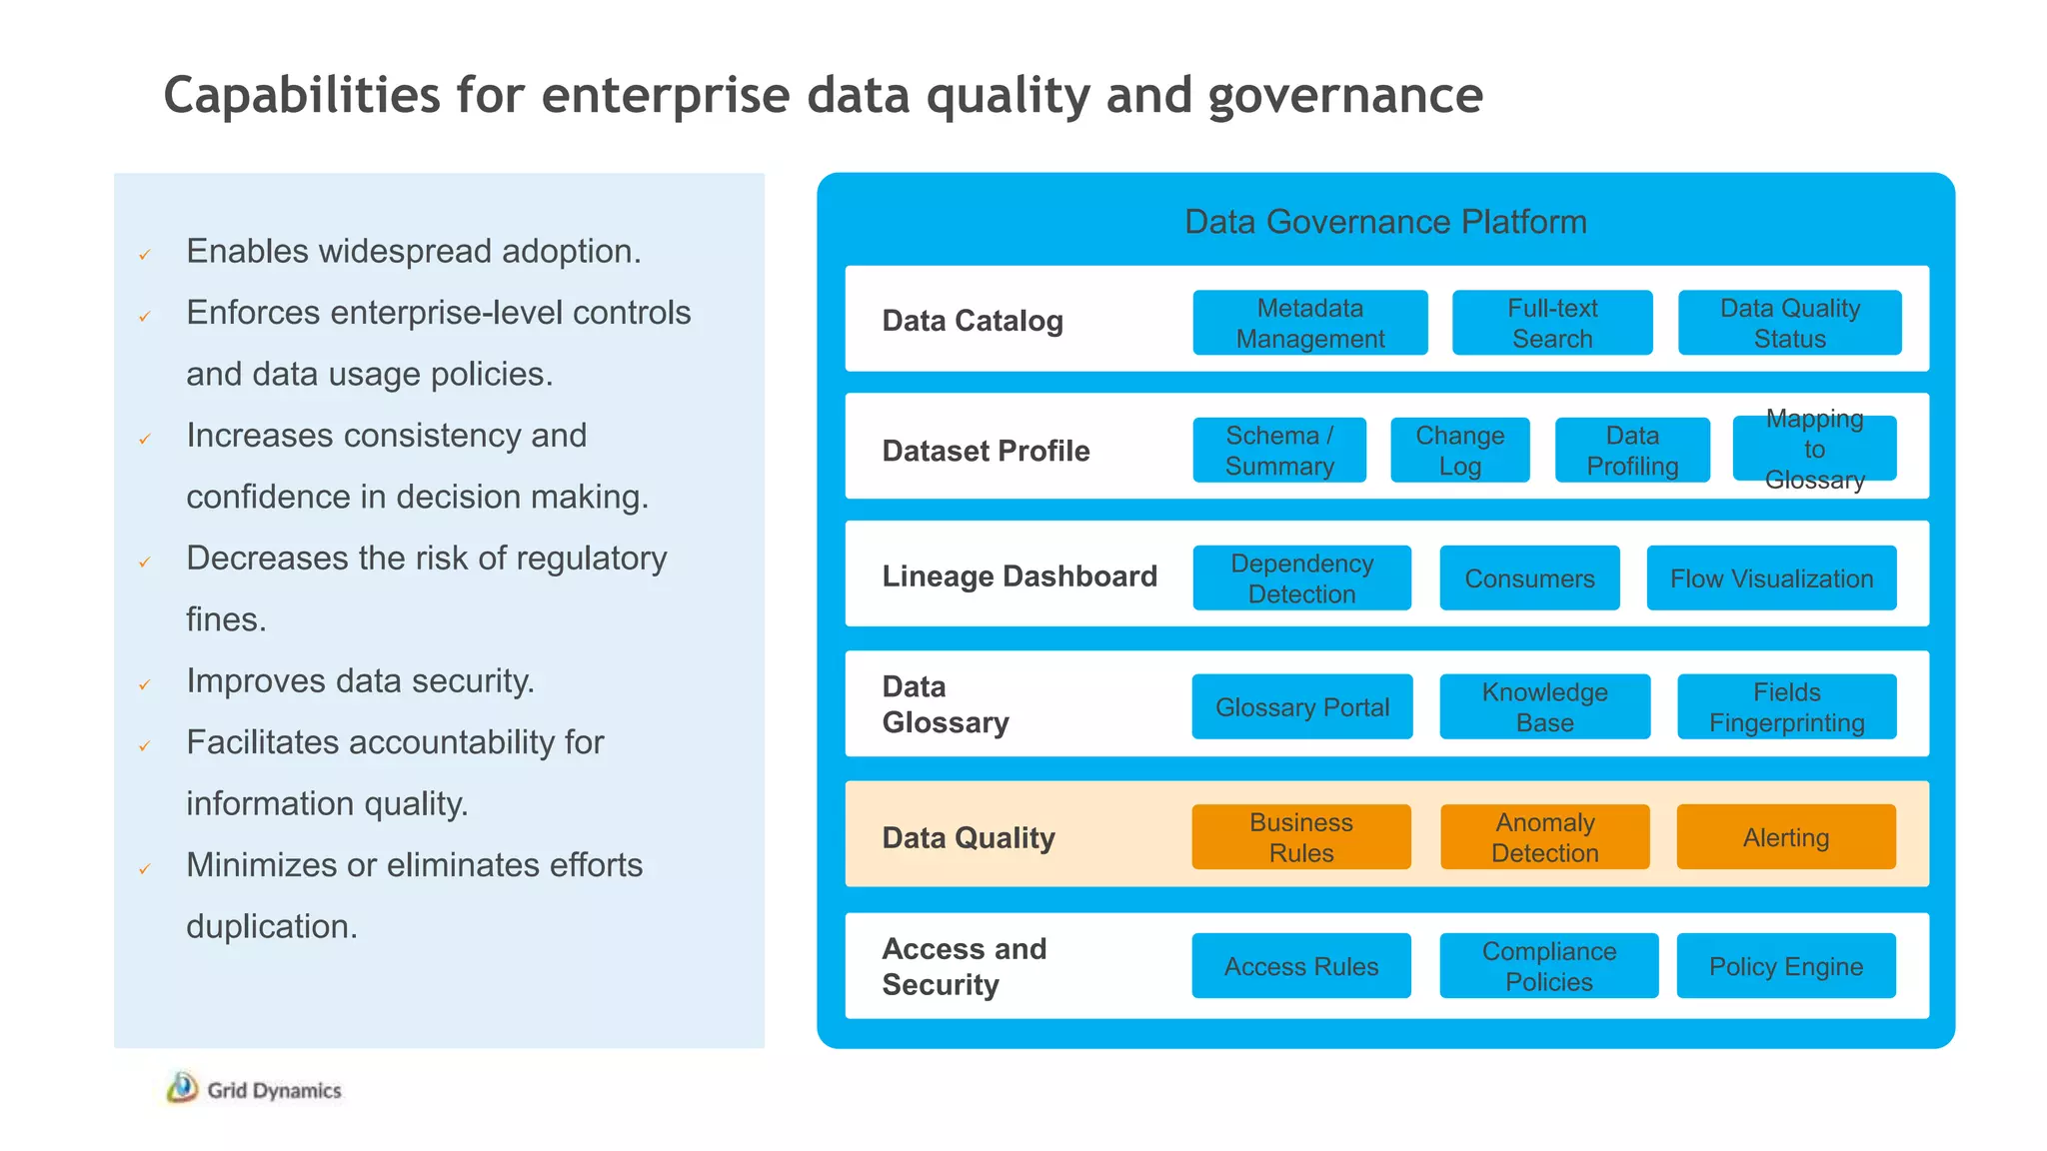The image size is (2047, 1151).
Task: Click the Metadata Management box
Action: click(x=1309, y=323)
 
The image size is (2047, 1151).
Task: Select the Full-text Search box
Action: click(x=1551, y=323)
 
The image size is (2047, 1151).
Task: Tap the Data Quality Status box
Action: click(x=1789, y=323)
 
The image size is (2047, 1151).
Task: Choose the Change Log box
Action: click(x=1459, y=451)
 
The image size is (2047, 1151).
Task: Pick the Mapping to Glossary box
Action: click(x=1814, y=450)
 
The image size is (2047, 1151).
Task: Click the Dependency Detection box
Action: click(x=1301, y=578)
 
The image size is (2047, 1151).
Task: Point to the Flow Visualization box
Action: click(x=1771, y=578)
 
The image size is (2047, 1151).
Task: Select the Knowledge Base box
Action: click(x=1544, y=707)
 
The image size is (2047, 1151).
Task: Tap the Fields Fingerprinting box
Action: click(x=1786, y=707)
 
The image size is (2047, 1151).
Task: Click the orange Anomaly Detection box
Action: click(x=1544, y=837)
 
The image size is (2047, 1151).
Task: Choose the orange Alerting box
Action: click(x=1785, y=837)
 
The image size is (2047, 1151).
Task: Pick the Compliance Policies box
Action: click(x=1548, y=966)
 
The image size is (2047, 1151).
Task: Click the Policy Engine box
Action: click(x=1785, y=966)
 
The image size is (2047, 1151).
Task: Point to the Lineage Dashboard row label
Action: click(x=1020, y=576)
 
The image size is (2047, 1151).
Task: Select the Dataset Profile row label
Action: click(x=986, y=451)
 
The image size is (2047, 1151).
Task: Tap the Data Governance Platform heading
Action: click(x=1385, y=222)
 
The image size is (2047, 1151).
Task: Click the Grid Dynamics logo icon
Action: click(x=182, y=1088)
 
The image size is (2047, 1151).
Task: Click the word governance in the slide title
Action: click(x=1344, y=96)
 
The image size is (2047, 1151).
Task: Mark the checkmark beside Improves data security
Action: click(x=145, y=685)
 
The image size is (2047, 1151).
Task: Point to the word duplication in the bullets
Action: click(x=271, y=926)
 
